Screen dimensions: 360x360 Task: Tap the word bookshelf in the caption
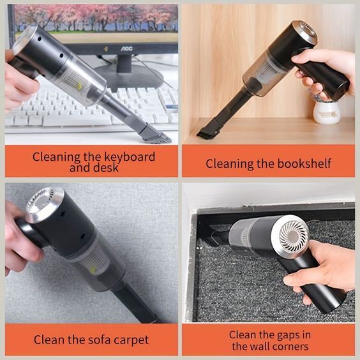click(x=304, y=164)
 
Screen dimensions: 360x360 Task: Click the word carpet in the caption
click(x=130, y=340)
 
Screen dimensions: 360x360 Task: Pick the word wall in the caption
click(x=260, y=347)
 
